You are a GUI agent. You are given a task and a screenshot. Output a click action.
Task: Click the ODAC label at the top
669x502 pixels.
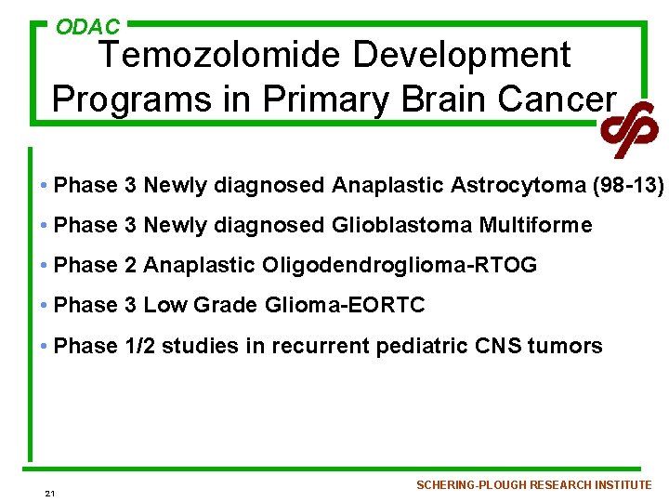click(87, 27)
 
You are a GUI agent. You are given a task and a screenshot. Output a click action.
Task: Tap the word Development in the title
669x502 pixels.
click(463, 57)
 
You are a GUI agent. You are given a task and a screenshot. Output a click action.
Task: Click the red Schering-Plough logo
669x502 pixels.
click(629, 127)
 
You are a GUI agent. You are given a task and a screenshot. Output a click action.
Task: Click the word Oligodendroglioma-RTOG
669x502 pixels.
click(400, 265)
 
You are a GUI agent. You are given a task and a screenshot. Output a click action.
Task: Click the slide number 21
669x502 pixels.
click(49, 493)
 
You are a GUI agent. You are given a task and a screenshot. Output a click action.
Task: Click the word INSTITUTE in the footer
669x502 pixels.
click(623, 485)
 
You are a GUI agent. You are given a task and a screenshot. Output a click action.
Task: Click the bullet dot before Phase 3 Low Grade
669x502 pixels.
click(45, 305)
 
